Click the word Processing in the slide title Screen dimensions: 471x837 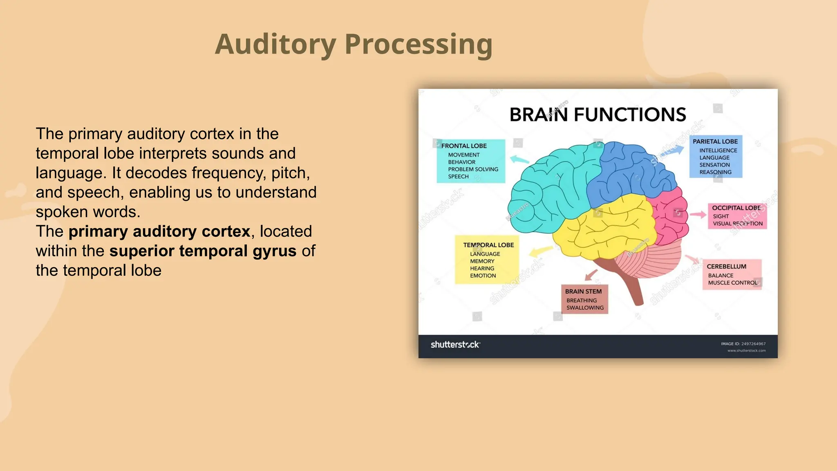point(418,44)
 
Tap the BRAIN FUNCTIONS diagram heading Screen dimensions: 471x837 point(598,114)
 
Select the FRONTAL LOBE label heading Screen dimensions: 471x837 point(464,146)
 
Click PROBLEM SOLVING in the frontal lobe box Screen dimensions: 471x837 point(473,169)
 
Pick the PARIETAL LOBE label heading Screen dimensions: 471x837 point(715,141)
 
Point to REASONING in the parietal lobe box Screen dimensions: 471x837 point(715,172)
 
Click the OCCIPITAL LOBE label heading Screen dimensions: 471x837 point(736,208)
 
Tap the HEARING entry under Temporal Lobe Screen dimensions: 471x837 point(482,269)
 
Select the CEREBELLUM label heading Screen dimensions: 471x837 point(726,267)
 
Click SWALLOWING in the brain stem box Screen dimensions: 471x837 point(585,308)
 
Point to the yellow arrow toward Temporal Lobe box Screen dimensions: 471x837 point(541,251)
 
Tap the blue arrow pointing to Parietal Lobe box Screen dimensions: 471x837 point(674,150)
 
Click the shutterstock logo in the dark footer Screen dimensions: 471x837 point(455,345)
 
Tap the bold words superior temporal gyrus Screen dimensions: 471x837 point(203,251)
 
